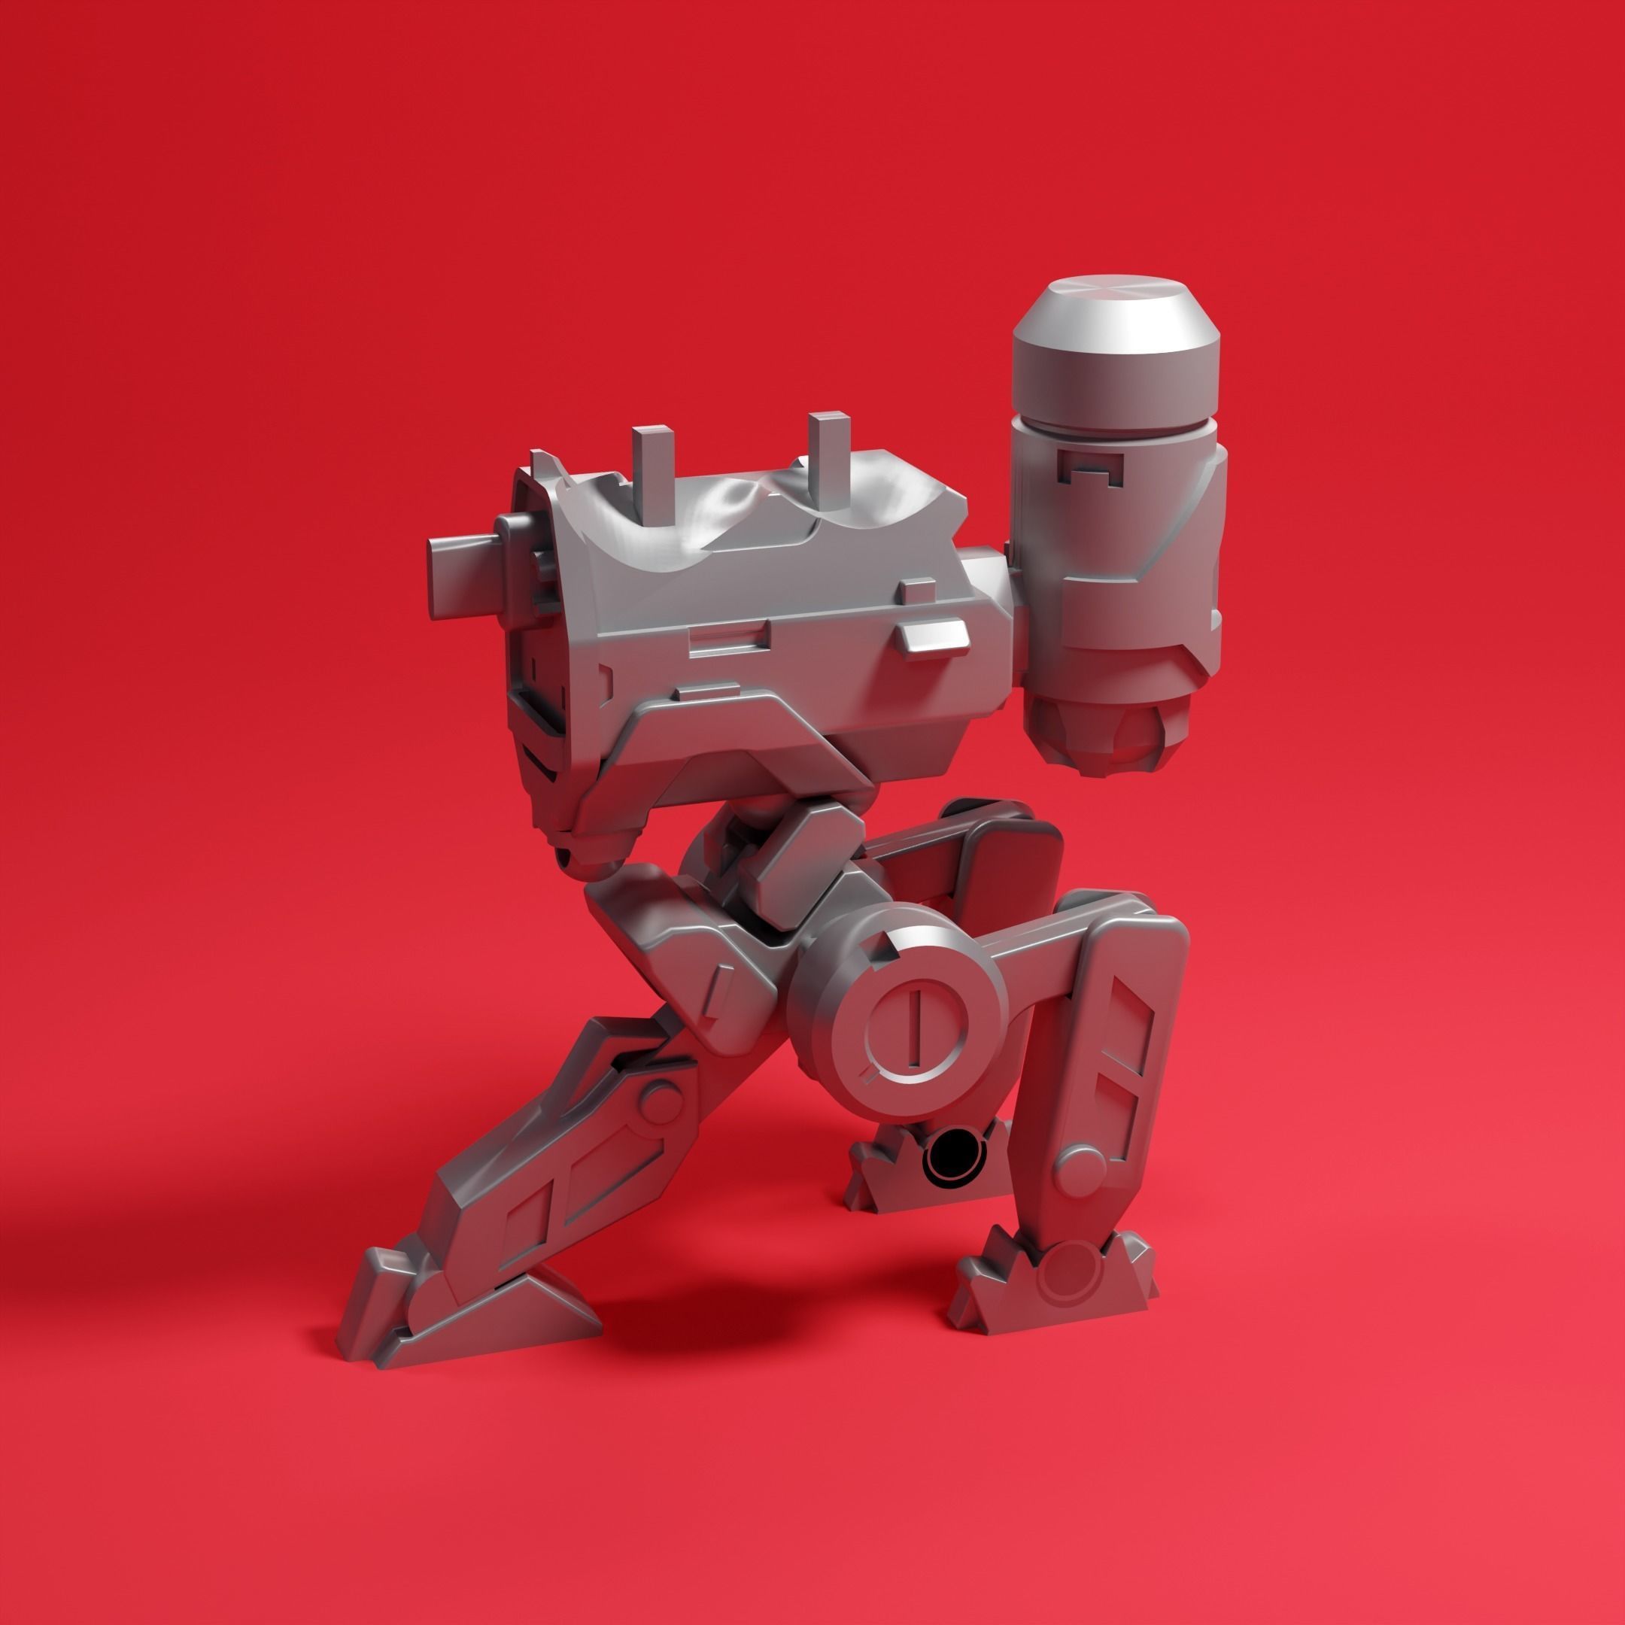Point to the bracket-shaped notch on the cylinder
pos(1090,465)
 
